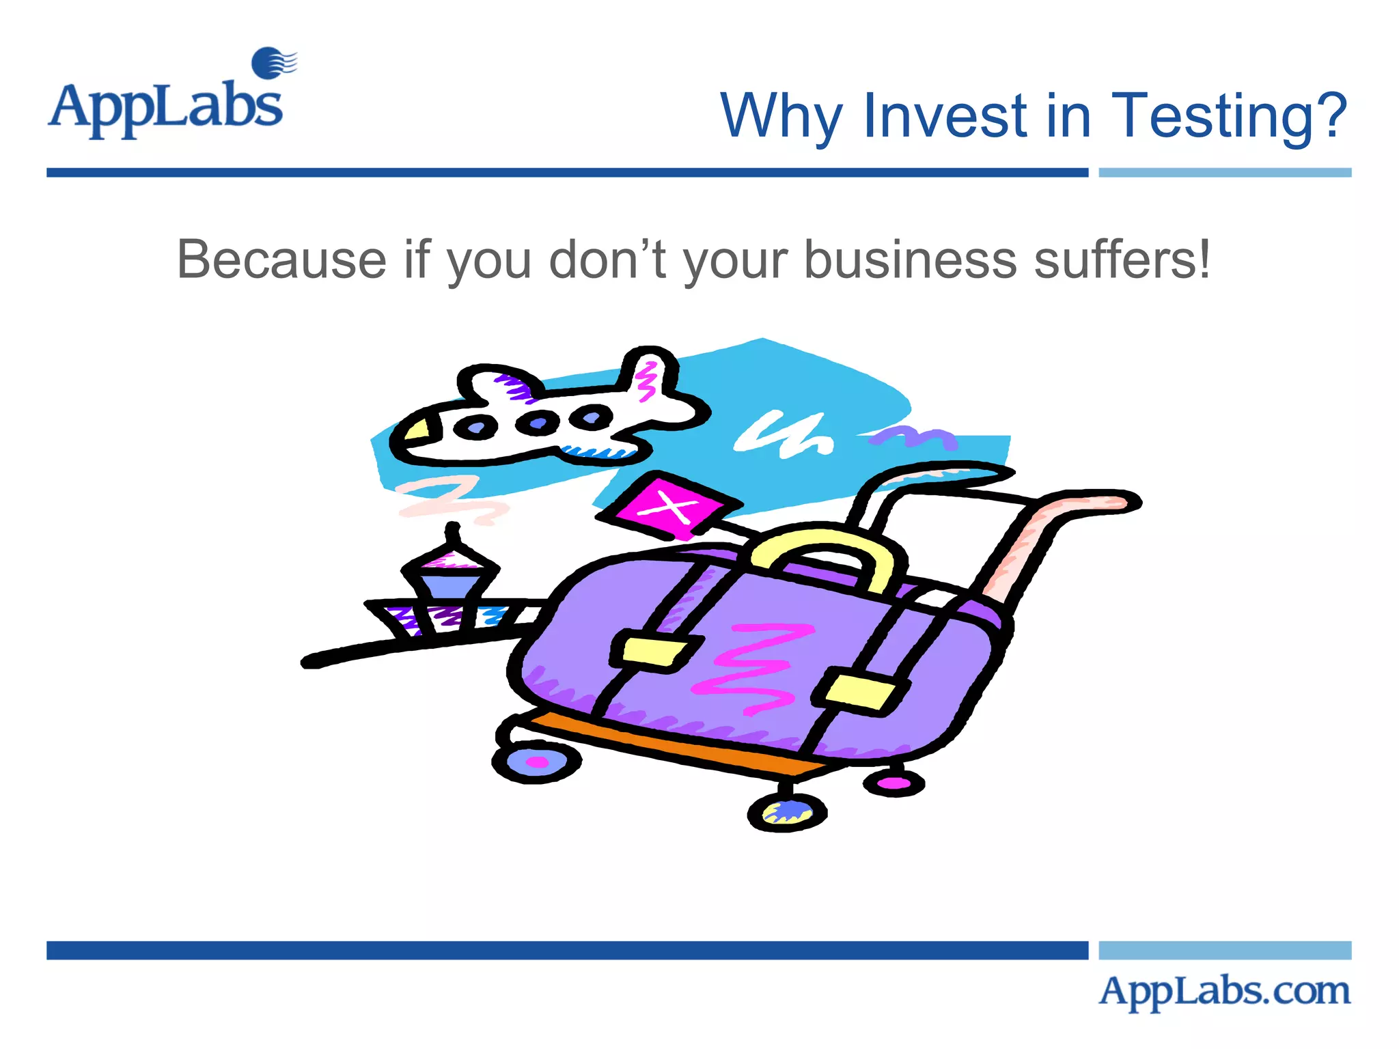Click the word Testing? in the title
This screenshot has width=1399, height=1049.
click(x=1230, y=116)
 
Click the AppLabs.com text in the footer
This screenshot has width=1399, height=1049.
click(x=1224, y=991)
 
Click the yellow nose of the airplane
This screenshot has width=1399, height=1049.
click(x=417, y=430)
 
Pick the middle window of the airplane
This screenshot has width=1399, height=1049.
click(x=537, y=422)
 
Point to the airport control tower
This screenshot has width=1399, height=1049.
click(x=449, y=581)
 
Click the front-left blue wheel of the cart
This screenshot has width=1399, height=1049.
click(x=536, y=761)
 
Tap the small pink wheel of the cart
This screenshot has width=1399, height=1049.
click(x=894, y=783)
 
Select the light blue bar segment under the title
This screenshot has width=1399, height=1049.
click(x=1224, y=173)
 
